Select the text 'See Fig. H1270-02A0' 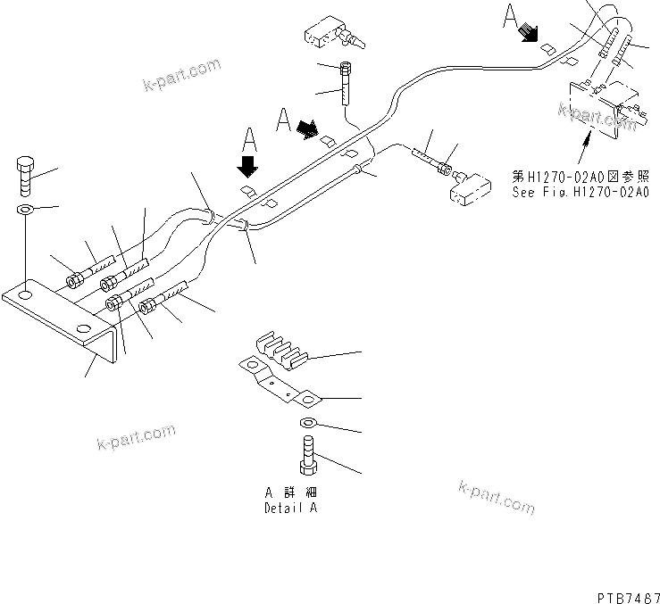pos(580,191)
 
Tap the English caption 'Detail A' pos(289,509)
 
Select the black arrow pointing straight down pos(248,165)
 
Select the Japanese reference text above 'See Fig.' pos(580,176)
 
